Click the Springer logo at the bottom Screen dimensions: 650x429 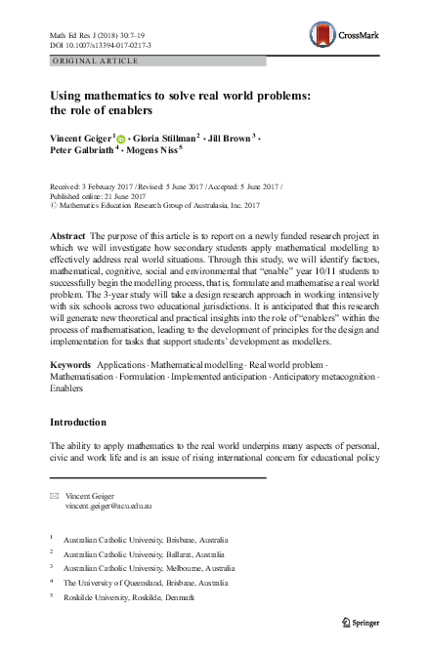355,620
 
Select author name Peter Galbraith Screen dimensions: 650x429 83,152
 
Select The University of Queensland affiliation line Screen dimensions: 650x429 146,583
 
